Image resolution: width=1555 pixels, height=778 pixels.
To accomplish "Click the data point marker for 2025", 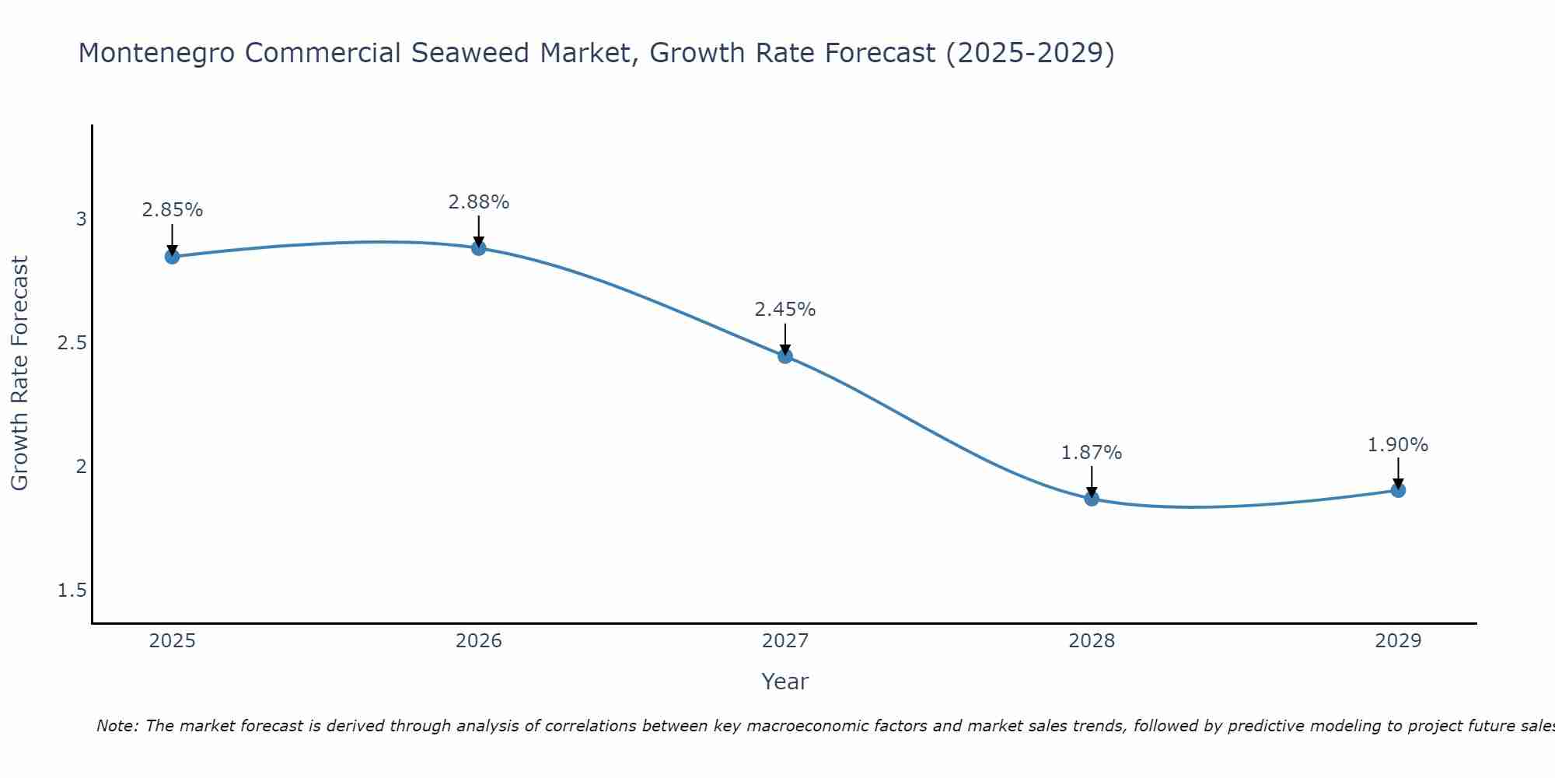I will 173,257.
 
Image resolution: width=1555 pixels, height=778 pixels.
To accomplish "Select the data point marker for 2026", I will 479,248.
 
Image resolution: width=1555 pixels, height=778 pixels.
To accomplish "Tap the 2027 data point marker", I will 785,356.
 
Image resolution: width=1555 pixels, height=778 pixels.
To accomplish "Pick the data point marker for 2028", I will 1092,499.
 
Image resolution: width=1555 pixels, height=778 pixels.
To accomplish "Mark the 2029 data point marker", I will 1398,490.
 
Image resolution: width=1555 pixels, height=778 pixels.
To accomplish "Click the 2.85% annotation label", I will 173,210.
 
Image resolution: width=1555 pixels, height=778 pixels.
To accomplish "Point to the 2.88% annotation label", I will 479,202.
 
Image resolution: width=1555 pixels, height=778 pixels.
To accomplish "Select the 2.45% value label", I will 785,310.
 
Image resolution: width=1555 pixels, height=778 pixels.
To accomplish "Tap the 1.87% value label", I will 1092,453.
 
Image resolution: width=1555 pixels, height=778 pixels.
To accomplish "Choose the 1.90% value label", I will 1398,445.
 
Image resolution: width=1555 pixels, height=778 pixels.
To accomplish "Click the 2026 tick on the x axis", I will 479,641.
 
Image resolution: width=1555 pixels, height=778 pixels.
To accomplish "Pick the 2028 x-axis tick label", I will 1092,641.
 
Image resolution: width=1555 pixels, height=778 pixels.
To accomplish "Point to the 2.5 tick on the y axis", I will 72,343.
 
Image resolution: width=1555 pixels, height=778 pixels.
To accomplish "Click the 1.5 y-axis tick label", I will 72,591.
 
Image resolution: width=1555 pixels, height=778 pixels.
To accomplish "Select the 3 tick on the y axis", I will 81,219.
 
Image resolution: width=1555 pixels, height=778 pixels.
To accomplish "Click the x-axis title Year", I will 785,682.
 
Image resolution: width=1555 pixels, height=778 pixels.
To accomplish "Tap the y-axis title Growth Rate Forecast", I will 20,373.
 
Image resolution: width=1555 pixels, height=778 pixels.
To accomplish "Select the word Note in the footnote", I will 116,726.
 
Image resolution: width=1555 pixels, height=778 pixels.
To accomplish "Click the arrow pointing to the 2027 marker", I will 785,339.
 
